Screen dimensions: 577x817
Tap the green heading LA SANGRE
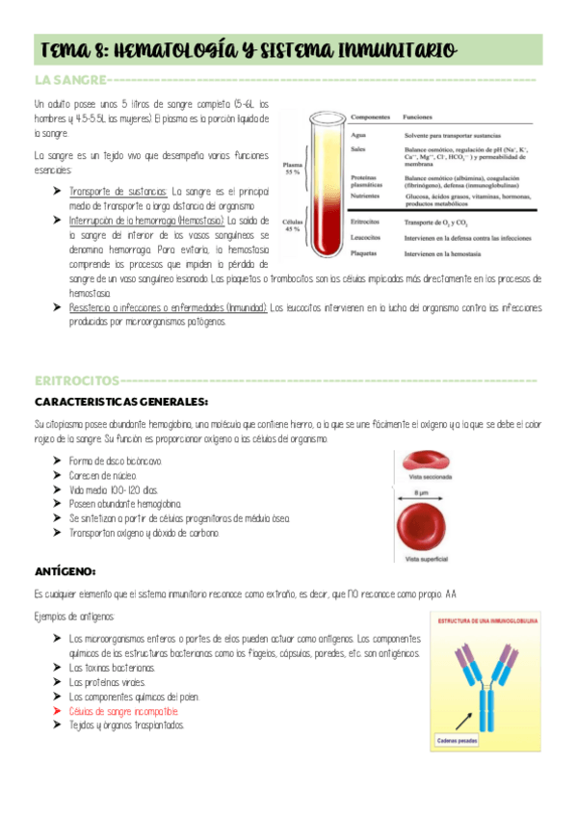[x=70, y=80]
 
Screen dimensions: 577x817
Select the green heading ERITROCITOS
[x=76, y=381]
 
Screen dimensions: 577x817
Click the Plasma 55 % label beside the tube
[x=293, y=168]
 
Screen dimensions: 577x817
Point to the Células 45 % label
[x=293, y=226]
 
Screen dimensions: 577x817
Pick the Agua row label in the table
[x=357, y=135]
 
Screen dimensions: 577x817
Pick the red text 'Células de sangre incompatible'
[x=123, y=711]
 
